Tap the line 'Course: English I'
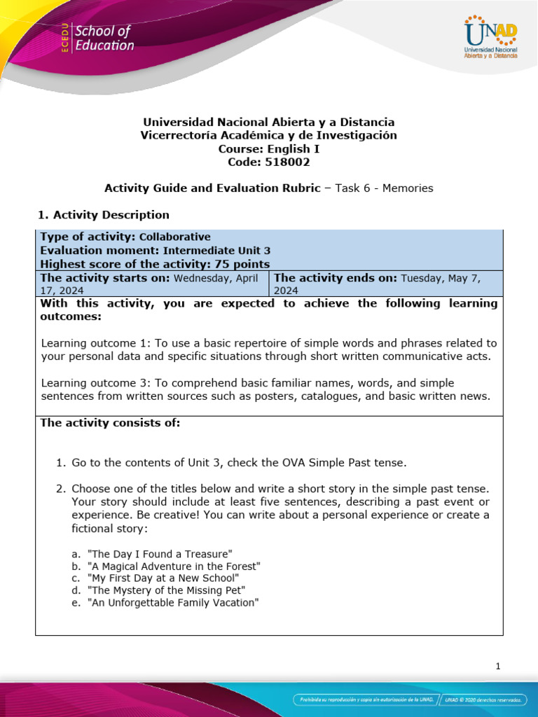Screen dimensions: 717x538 269,148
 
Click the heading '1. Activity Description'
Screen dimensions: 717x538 102,215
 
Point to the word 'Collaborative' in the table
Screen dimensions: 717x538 175,237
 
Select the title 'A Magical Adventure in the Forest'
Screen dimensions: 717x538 174,566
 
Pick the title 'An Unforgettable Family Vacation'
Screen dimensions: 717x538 173,602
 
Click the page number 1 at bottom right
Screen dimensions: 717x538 497,667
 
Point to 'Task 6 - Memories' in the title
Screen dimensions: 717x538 384,188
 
